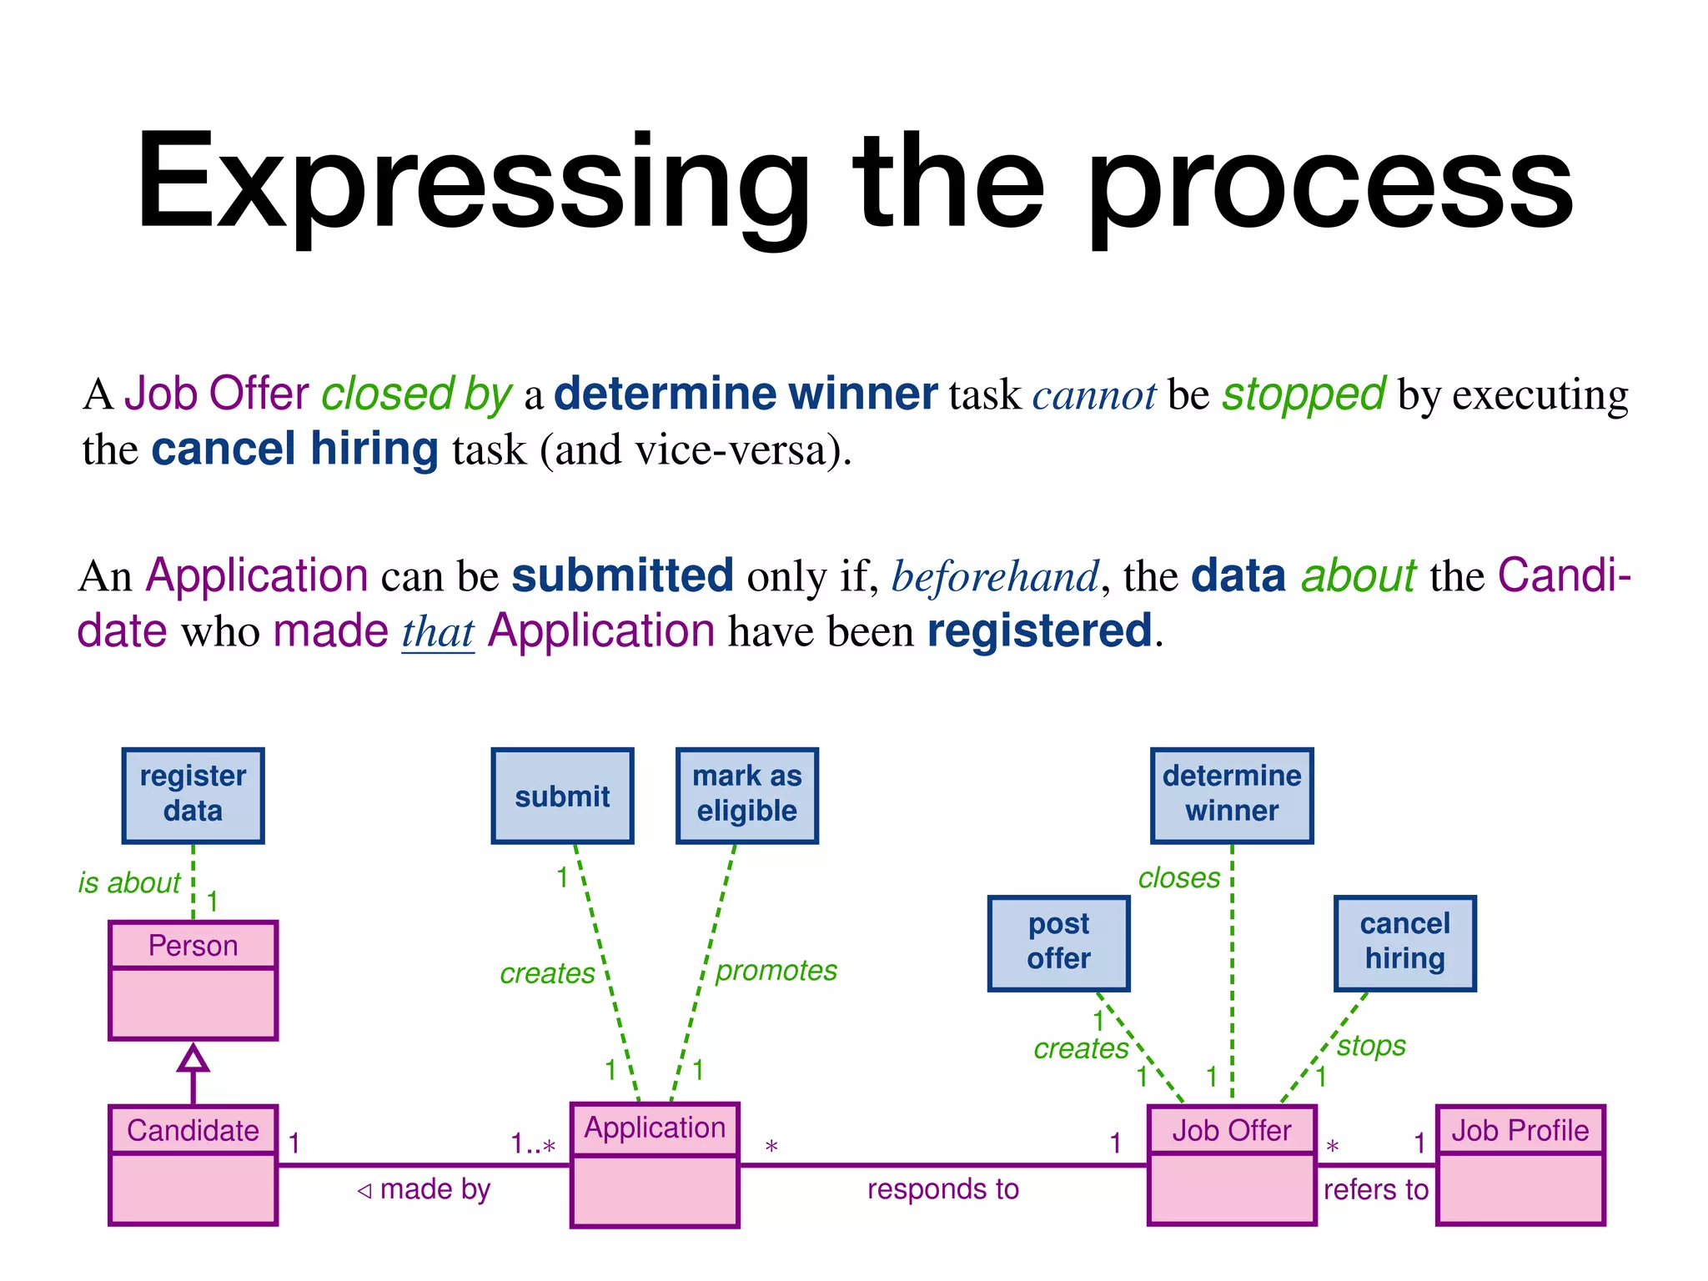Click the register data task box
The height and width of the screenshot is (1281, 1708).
click(x=193, y=795)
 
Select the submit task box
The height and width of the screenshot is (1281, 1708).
click(x=562, y=795)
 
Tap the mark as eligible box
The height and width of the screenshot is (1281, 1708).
click(x=746, y=795)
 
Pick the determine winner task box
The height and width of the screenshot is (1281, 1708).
click(x=1231, y=795)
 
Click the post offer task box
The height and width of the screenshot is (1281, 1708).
click(x=1058, y=942)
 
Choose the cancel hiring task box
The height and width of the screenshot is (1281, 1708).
click(x=1404, y=942)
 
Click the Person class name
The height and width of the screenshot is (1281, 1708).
click(x=193, y=946)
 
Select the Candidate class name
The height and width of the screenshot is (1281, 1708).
click(x=193, y=1130)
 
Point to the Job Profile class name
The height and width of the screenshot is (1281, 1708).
click(x=1520, y=1130)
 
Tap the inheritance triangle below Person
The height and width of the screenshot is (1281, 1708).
click(x=193, y=1058)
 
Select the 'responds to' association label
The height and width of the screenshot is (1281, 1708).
click(x=942, y=1189)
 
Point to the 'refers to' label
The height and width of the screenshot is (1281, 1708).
click(x=1375, y=1189)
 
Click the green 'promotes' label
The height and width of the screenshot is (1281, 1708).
click(x=776, y=971)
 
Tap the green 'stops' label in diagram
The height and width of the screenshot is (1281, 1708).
click(x=1371, y=1046)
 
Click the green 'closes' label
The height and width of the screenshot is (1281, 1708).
click(x=1178, y=878)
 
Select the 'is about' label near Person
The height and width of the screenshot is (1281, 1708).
click(x=129, y=882)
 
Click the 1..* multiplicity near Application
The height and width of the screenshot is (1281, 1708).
click(x=533, y=1143)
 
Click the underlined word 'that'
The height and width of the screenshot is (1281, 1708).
click(x=438, y=632)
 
